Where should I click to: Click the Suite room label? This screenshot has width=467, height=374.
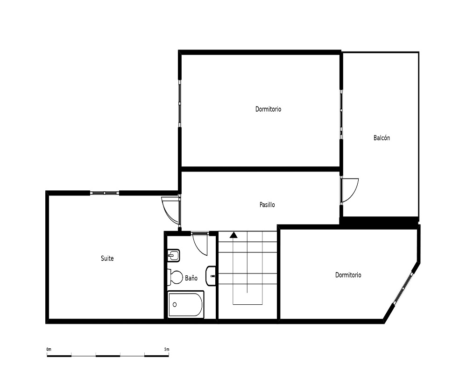click(107, 258)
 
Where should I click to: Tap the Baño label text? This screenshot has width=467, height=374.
click(191, 278)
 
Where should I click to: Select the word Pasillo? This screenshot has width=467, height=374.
click(267, 205)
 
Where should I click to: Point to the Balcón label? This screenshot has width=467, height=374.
click(382, 138)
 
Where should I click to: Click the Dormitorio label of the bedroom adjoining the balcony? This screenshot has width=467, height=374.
click(269, 109)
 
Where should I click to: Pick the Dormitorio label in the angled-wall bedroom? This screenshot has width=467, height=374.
click(348, 275)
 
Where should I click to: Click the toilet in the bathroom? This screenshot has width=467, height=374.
click(175, 277)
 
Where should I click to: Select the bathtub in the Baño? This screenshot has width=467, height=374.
click(186, 304)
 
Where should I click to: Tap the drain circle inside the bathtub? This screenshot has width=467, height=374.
click(175, 304)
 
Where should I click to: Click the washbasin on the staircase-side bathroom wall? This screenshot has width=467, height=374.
click(211, 276)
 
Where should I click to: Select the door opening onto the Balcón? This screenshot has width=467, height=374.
click(350, 190)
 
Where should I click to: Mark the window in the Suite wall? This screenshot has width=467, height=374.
click(105, 193)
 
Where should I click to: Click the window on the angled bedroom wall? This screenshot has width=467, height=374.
click(403, 288)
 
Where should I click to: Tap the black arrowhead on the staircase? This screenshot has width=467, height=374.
click(233, 235)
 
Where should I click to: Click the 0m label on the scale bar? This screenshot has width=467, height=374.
click(49, 349)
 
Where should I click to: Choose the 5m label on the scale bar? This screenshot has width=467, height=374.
click(167, 349)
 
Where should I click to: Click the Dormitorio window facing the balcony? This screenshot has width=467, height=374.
click(341, 114)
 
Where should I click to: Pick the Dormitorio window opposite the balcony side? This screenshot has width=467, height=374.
click(180, 103)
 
